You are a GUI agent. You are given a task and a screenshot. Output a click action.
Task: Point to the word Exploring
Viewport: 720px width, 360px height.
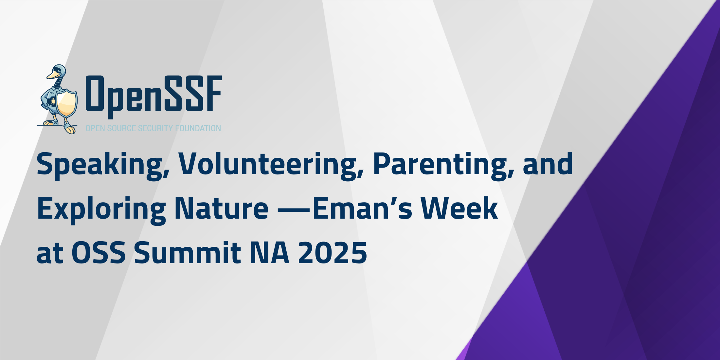101,210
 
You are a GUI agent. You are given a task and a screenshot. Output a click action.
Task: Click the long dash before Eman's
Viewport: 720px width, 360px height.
294,210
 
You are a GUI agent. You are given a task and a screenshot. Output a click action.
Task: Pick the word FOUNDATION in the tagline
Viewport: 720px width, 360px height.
198,128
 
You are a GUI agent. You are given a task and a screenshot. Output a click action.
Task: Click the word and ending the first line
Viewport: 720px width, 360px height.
548,164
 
